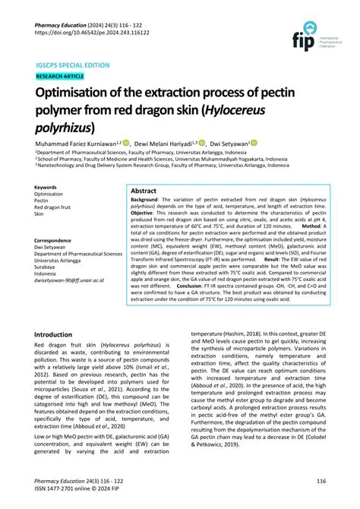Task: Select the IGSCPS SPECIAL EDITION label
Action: [x=73, y=66]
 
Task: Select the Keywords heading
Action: [x=46, y=187]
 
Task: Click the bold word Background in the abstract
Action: [x=148, y=200]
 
